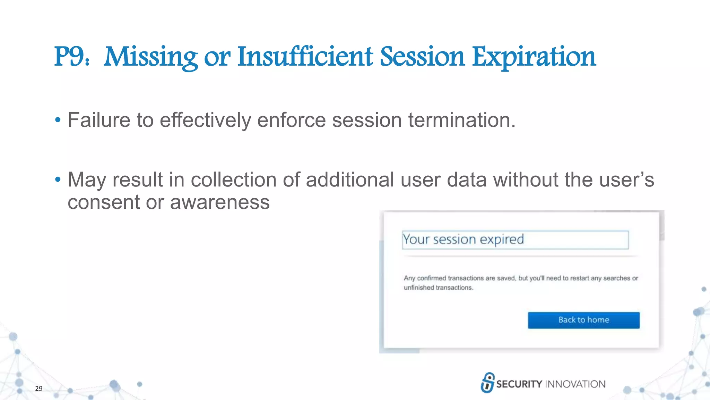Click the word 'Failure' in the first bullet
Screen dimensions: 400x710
[x=99, y=120]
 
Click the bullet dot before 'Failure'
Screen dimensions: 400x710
[x=58, y=120]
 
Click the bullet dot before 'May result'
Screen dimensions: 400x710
[x=58, y=180]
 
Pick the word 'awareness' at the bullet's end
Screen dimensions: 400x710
[x=220, y=202]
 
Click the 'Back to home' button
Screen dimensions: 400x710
[x=583, y=320]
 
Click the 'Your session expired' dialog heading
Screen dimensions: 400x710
[x=463, y=240]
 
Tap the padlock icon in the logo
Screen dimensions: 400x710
[x=487, y=383]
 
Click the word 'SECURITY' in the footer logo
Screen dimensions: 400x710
[x=519, y=384]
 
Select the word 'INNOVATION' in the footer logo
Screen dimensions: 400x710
[x=575, y=384]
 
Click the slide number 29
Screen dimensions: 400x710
[x=39, y=389]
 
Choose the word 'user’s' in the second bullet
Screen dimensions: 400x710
[x=627, y=180]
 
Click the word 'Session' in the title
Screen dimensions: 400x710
[x=422, y=57]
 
